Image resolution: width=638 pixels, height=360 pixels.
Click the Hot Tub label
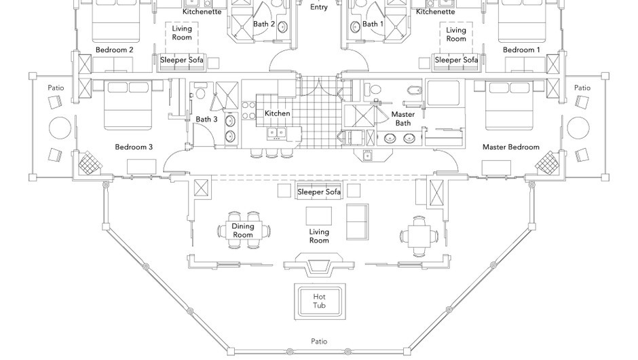click(319, 301)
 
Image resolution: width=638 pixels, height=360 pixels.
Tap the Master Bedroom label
click(511, 147)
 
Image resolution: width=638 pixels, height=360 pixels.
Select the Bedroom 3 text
click(134, 147)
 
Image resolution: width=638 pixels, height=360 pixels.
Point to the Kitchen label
click(277, 113)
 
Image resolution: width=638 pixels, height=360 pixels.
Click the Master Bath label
click(402, 119)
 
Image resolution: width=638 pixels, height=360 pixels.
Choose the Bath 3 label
click(207, 120)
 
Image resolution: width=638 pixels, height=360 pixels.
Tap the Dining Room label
click(242, 231)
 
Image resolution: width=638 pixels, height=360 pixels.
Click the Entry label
click(319, 7)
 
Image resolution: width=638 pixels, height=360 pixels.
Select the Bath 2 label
click(264, 24)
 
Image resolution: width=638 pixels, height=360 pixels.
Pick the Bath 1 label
click(373, 24)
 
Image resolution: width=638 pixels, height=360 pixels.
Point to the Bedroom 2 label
click(114, 50)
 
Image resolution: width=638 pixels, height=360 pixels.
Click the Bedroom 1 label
click(521, 50)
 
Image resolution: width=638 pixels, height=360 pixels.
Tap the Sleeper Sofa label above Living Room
click(319, 192)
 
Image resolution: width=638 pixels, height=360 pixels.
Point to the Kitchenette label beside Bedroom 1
click(435, 12)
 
